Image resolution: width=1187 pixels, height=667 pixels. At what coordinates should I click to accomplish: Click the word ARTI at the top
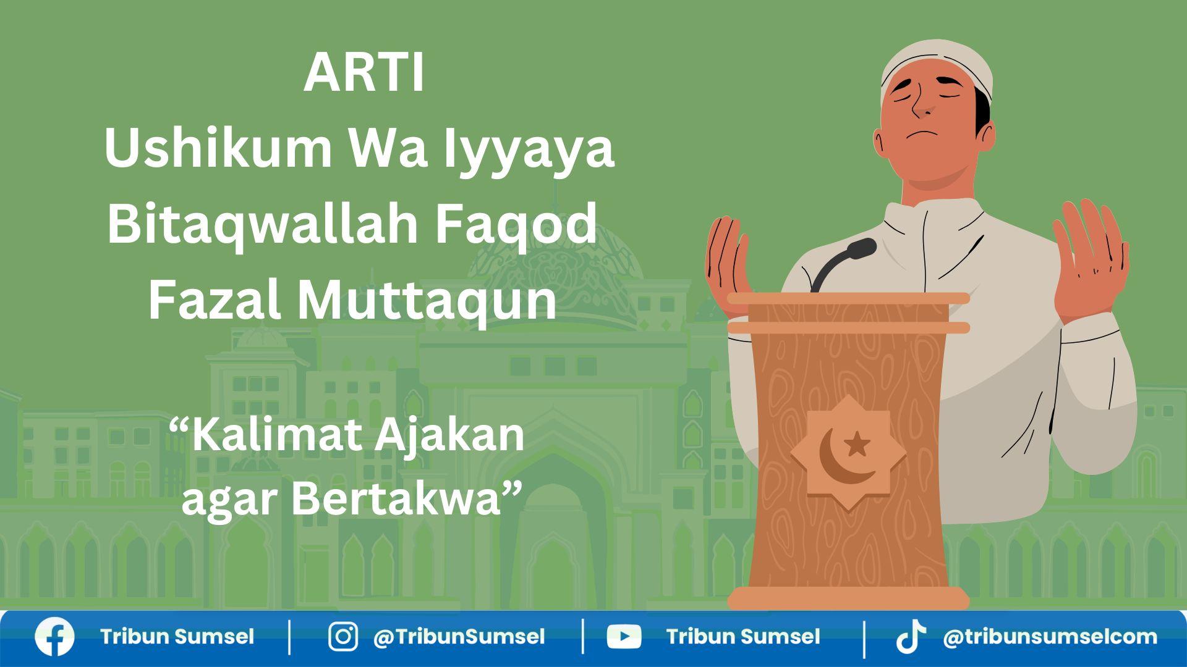click(364, 73)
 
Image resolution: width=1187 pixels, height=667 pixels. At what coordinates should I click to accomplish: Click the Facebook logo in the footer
click(54, 637)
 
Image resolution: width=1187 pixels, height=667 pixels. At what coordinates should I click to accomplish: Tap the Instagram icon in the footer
click(342, 637)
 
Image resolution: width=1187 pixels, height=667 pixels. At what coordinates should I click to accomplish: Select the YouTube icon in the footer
click(624, 637)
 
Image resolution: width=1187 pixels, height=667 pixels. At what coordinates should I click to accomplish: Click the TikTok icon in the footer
click(911, 637)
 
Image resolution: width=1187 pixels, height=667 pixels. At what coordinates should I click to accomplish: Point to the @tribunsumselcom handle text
click(1050, 637)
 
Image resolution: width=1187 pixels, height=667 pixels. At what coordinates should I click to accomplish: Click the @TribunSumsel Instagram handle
click(459, 637)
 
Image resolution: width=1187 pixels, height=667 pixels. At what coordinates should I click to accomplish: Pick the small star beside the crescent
click(857, 443)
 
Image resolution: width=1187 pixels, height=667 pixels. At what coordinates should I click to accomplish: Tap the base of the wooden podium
click(848, 598)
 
